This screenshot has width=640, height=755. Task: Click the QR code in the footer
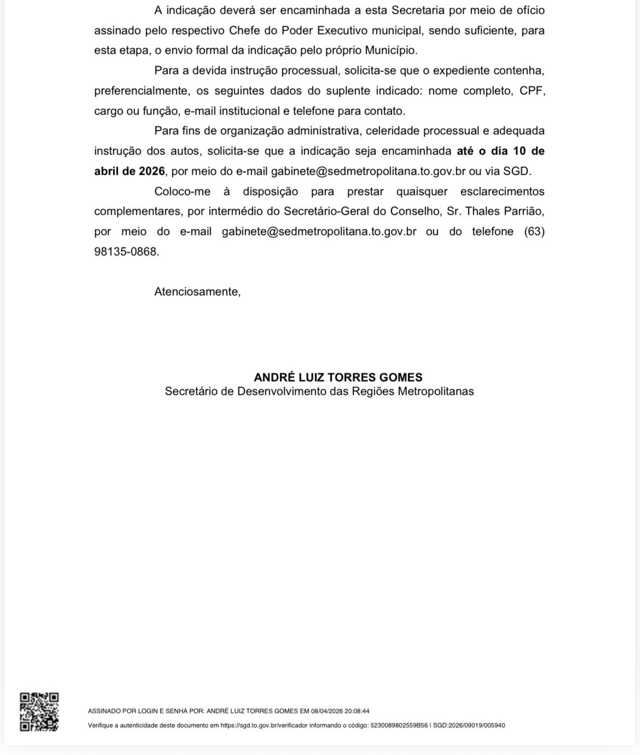click(x=39, y=712)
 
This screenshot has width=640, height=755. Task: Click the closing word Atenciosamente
click(x=197, y=292)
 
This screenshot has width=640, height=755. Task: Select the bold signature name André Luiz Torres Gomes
click(x=338, y=377)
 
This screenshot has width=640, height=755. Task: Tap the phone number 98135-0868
click(x=126, y=252)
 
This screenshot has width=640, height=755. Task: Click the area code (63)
click(x=534, y=232)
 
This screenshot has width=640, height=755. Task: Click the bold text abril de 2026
click(x=129, y=171)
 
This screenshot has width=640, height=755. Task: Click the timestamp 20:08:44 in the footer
click(x=357, y=711)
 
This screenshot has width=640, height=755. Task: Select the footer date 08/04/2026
click(x=327, y=711)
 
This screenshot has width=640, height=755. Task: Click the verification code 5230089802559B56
click(x=399, y=725)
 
